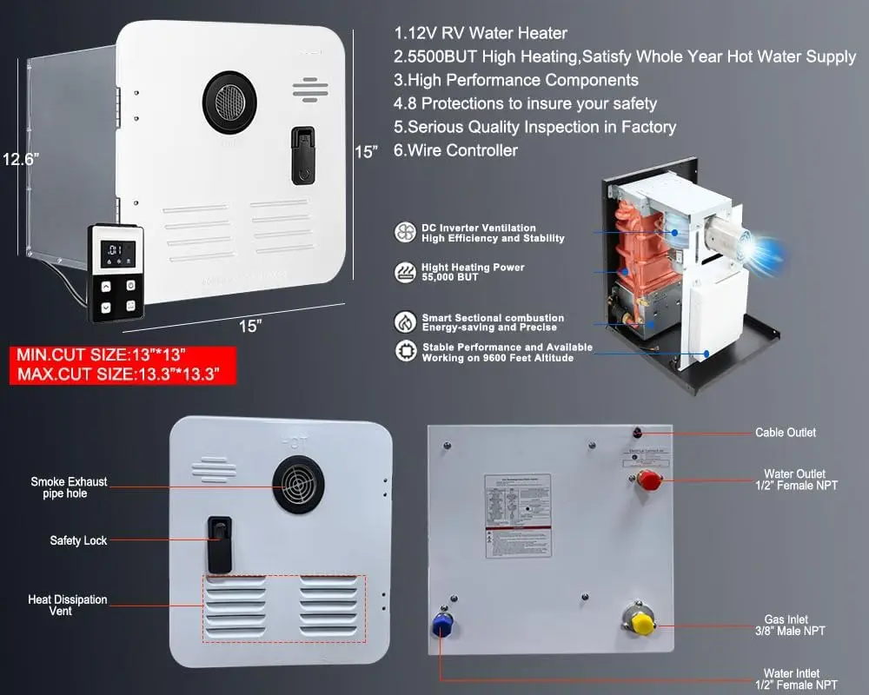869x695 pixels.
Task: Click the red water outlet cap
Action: (x=649, y=480)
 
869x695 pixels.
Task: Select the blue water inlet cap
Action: (x=441, y=627)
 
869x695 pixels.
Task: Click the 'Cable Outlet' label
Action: (x=785, y=433)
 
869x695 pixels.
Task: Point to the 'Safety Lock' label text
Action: (x=78, y=540)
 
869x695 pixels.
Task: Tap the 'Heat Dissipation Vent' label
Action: (x=68, y=606)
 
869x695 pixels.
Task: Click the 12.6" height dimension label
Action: (x=22, y=160)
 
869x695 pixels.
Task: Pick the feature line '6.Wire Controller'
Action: (x=455, y=150)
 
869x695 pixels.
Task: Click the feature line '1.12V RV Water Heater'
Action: (x=480, y=34)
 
